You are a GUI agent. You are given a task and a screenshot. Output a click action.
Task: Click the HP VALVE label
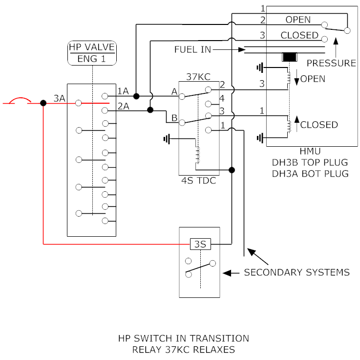(x=92, y=47)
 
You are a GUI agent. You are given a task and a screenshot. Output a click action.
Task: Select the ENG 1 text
(x=92, y=59)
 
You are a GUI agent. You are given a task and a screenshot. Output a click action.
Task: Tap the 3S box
(x=200, y=244)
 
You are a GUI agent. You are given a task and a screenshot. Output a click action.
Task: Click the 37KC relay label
(x=197, y=76)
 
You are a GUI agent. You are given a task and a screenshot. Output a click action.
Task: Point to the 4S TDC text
(x=198, y=180)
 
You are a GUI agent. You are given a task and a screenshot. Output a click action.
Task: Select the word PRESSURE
(x=331, y=63)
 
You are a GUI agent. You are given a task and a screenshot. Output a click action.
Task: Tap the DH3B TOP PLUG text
(x=311, y=163)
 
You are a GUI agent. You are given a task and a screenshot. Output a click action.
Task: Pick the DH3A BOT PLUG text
(x=311, y=173)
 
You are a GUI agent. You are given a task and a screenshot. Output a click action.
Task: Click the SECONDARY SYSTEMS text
(x=296, y=272)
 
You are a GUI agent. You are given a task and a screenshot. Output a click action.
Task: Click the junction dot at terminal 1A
(x=136, y=96)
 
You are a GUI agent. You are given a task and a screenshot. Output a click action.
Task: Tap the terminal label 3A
(x=60, y=98)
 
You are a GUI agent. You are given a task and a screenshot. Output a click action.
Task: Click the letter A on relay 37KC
(x=174, y=91)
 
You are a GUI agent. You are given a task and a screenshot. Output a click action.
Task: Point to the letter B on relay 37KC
(x=174, y=117)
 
